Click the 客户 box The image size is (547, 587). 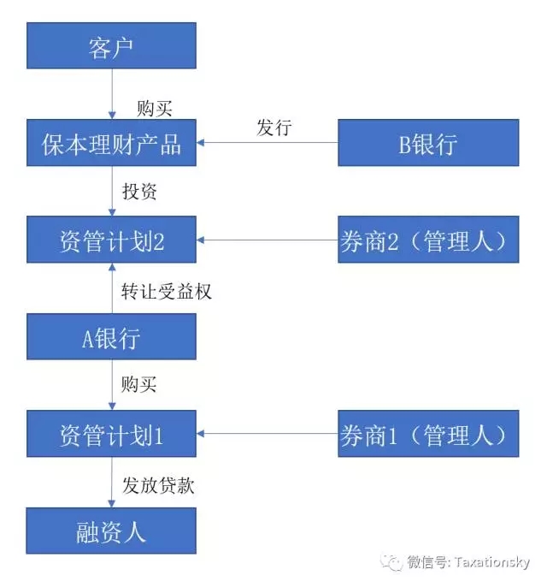click(x=111, y=46)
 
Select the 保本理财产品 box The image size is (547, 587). click(x=111, y=143)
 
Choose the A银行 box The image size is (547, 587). click(x=111, y=337)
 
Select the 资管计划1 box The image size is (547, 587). click(x=111, y=434)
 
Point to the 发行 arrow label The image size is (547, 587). click(x=274, y=129)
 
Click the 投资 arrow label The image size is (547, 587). click(x=140, y=192)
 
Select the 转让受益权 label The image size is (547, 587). click(x=166, y=291)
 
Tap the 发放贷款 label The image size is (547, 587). click(x=158, y=485)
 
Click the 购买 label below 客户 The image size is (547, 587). click(x=155, y=108)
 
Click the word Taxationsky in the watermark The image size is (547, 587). click(x=491, y=563)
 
